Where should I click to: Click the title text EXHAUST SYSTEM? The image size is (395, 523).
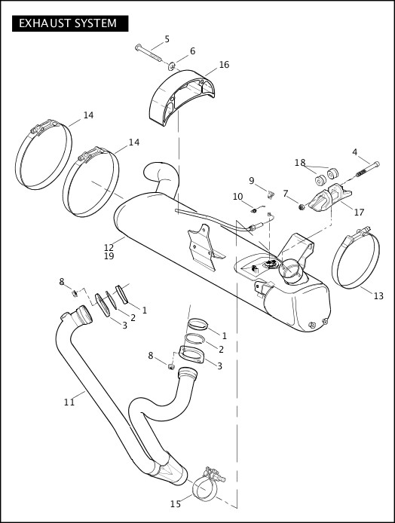coord(68,23)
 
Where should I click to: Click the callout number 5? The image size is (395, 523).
coord(167,39)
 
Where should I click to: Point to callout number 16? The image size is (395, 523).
coord(224,65)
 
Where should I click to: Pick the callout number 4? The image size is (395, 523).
coord(355,152)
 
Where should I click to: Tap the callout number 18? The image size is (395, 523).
coord(300,163)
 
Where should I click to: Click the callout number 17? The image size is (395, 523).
coord(359,213)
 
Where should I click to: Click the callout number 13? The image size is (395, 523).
coord(378,296)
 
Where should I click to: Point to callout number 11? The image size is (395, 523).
coord(69,402)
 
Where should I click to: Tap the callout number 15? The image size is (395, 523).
coord(176,503)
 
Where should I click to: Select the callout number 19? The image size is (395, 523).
coord(109,256)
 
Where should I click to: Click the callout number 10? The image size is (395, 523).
coord(237,197)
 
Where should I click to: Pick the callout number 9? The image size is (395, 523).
coord(252,180)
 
